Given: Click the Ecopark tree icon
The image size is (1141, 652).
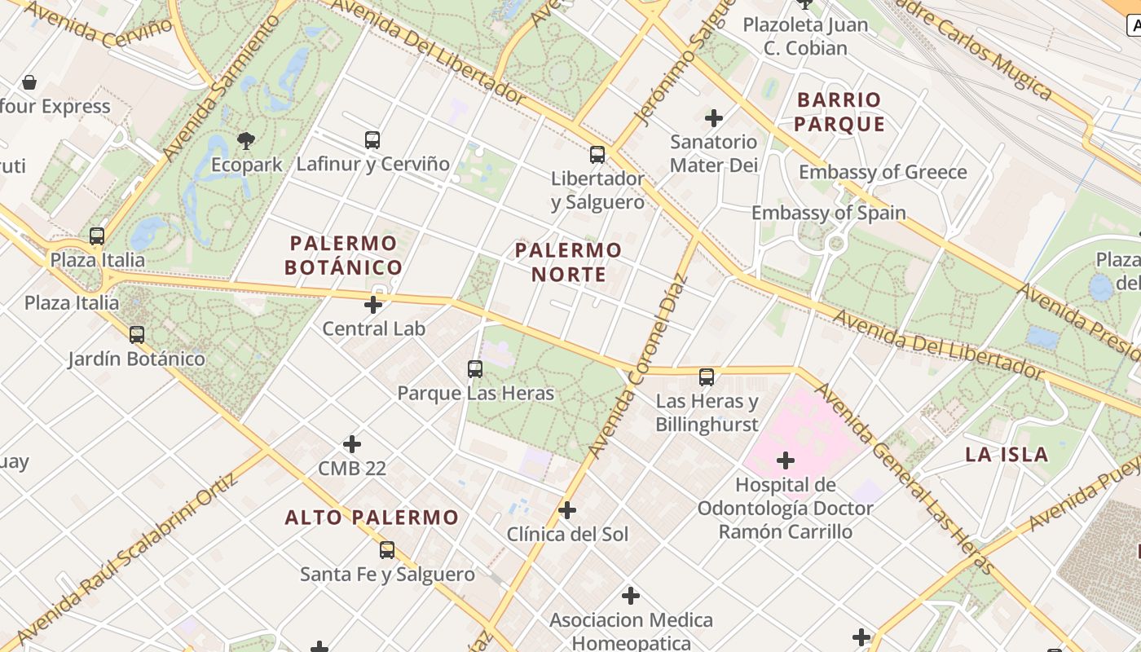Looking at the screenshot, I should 245,141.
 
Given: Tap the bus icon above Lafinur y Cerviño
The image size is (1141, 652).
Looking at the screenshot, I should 372,140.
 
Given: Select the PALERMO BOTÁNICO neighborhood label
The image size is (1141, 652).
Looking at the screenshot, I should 343,255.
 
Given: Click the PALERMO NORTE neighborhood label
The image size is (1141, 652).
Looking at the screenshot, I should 568,262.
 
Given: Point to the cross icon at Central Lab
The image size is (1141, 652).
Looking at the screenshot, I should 373,306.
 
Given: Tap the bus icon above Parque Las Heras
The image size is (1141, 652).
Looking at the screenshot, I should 475,369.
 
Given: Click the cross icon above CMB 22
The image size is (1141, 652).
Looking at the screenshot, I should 352,444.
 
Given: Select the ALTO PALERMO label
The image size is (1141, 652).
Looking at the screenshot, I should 372,518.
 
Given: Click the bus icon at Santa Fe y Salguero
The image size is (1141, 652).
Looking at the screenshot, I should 387,550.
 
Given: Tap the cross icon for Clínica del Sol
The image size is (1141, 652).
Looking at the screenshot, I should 567,511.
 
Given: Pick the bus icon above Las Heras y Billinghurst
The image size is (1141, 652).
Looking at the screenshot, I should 707,377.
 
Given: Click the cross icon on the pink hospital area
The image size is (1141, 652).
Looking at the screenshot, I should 786,461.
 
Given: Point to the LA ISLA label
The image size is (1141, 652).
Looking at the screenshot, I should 1007,455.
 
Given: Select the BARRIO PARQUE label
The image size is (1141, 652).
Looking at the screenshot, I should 839,112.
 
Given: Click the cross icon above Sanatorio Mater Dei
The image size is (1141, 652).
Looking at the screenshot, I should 714,118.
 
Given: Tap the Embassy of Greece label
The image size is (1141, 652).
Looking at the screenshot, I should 883,172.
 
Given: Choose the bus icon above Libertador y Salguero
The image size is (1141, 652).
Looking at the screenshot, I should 597,155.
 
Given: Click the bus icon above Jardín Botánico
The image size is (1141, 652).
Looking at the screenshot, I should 137,335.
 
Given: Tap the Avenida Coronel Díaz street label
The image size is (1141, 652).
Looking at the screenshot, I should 638,367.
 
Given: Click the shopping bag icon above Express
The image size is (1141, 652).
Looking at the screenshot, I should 29,82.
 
